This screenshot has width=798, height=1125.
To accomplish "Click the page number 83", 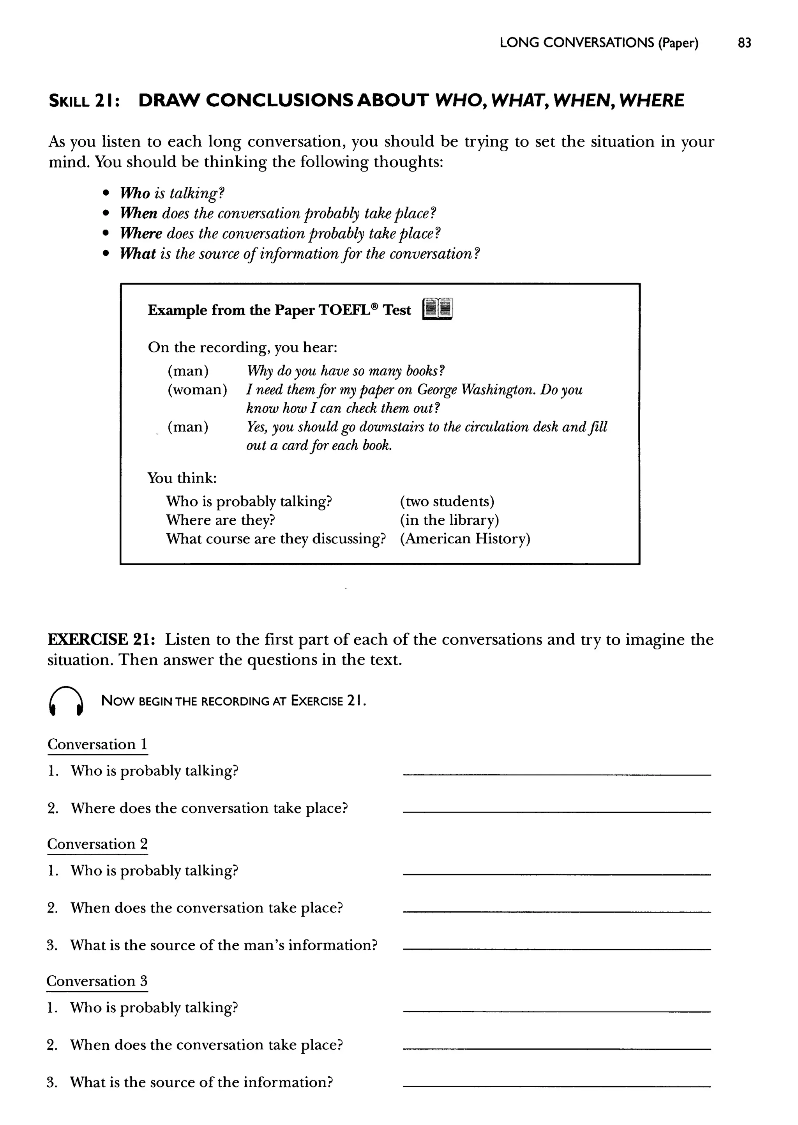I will pyautogui.click(x=744, y=43).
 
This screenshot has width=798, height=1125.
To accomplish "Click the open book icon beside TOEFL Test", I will pyautogui.click(x=437, y=309).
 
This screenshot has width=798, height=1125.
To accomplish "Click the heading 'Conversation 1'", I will pyautogui.click(x=97, y=744).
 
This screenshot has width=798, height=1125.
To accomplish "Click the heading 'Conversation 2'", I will pyautogui.click(x=97, y=844).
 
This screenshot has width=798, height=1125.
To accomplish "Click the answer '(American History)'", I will pyautogui.click(x=465, y=539).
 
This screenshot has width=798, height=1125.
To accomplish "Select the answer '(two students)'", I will pyautogui.click(x=447, y=501).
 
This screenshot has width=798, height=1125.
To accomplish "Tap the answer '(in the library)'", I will pyautogui.click(x=449, y=520).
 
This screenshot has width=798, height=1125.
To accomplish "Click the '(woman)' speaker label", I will pyautogui.click(x=198, y=390).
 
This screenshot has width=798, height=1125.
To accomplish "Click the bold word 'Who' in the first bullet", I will pyautogui.click(x=135, y=193).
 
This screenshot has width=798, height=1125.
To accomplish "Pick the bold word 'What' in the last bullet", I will pyautogui.click(x=138, y=254).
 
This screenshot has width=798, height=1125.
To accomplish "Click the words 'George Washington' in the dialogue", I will pyautogui.click(x=476, y=390).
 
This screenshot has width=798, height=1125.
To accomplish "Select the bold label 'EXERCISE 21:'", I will pyautogui.click(x=102, y=639).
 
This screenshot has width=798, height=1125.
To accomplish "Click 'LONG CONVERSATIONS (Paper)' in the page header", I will pyautogui.click(x=598, y=43).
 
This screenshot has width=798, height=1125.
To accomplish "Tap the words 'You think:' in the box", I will pyautogui.click(x=182, y=478).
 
